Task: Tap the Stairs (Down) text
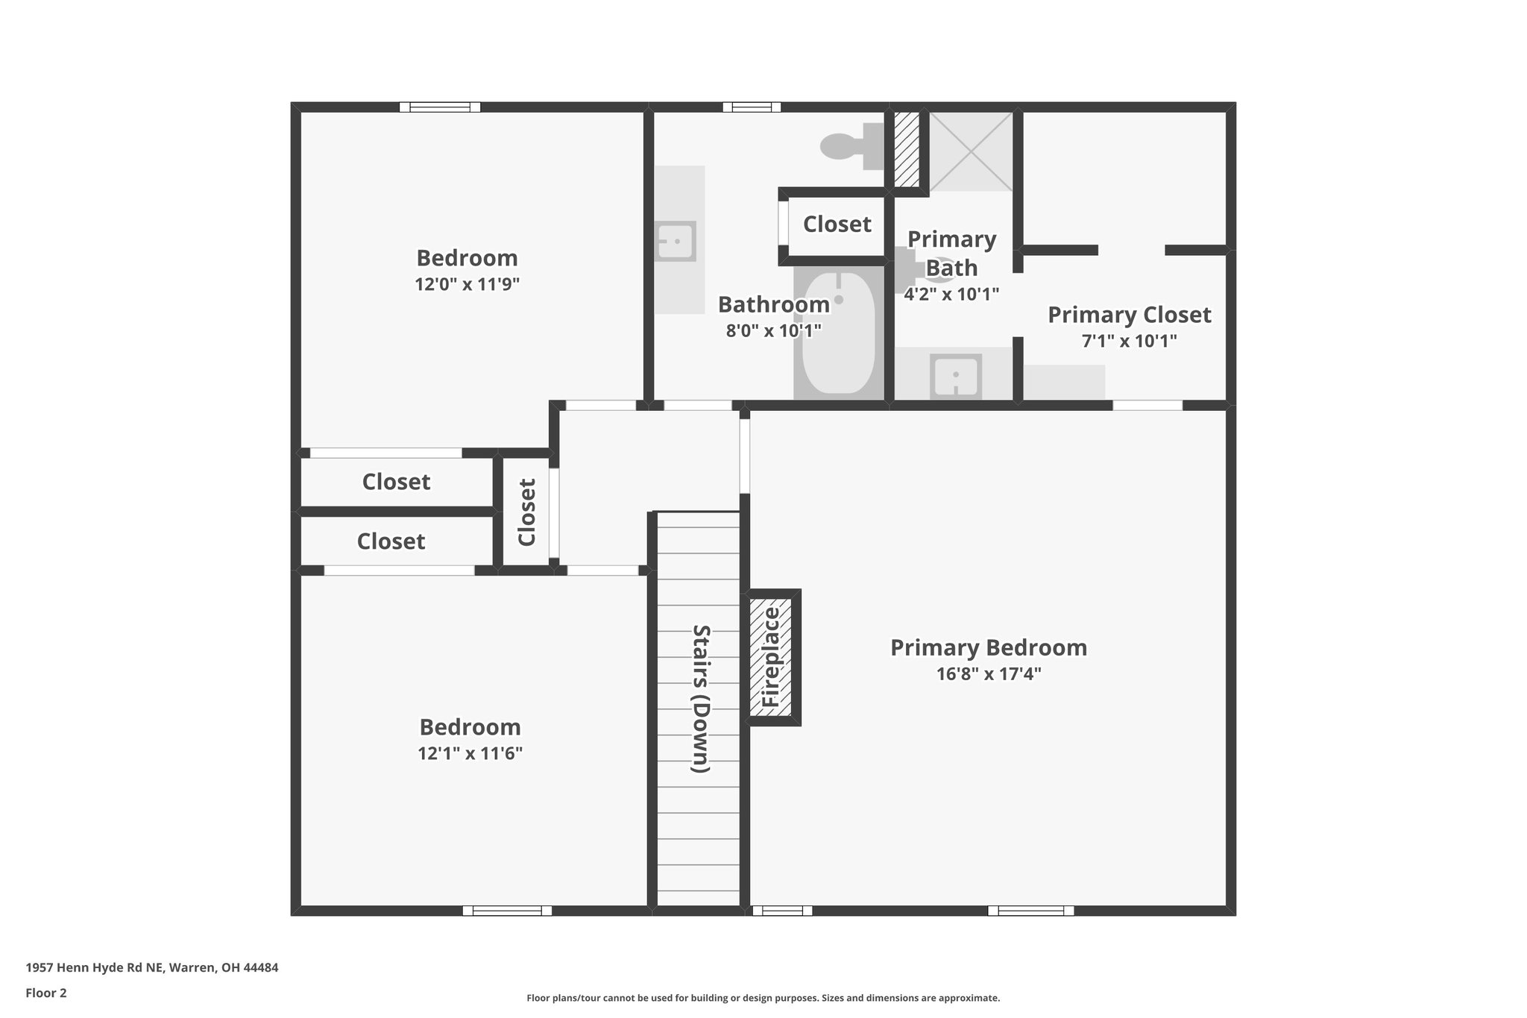(701, 699)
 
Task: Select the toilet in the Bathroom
(850, 145)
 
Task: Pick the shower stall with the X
(970, 151)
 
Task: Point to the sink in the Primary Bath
(956, 377)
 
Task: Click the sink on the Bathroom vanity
(676, 241)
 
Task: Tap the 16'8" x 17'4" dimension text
(989, 674)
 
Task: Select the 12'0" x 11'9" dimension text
(467, 284)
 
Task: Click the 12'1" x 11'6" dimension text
(470, 753)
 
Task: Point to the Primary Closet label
(1129, 315)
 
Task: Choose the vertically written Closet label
(526, 512)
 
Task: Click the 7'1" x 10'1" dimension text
(1129, 342)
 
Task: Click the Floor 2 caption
(46, 993)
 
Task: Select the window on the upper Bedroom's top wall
(440, 107)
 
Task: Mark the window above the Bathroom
(752, 107)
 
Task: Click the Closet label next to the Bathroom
(837, 224)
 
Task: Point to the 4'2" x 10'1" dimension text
(951, 294)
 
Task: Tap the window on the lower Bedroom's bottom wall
(507, 910)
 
